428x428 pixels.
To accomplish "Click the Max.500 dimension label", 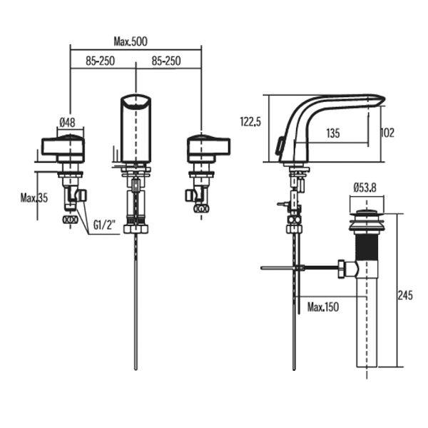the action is (x=131, y=41).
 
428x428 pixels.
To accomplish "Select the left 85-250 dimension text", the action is (x=100, y=61).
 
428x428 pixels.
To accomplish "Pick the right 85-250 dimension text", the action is (x=166, y=61).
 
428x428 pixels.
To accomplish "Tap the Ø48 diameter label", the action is (x=67, y=123).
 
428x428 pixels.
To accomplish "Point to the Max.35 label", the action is (x=34, y=198).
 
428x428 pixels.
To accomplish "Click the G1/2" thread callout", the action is (x=105, y=225).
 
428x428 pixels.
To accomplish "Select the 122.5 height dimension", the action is (x=250, y=121).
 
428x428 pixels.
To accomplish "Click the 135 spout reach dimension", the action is (x=333, y=133).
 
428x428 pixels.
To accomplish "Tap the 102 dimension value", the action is (x=387, y=133).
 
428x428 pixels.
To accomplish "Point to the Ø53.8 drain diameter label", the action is (x=365, y=188).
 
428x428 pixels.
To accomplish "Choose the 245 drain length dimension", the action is (x=405, y=295).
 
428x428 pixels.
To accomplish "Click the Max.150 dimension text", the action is (x=323, y=307).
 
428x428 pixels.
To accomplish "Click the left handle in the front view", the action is (x=63, y=149).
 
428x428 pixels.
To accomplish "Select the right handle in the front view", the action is (x=208, y=149).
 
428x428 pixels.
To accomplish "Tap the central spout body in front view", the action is (x=136, y=129).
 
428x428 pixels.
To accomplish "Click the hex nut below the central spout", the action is (x=136, y=229).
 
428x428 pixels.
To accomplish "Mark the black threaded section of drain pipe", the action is (x=367, y=246).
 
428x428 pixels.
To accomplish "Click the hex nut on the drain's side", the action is (x=341, y=269).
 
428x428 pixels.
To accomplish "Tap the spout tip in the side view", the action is (x=381, y=99).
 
